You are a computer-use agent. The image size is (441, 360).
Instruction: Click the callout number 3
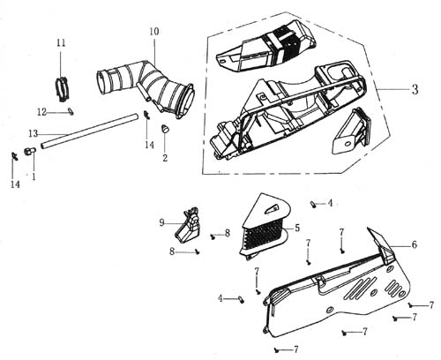click(415, 89)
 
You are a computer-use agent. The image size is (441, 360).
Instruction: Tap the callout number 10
click(154, 32)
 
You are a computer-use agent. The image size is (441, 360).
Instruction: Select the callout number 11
click(61, 43)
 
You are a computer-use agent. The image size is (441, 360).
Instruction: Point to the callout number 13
click(34, 134)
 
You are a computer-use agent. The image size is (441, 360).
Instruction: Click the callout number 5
click(297, 228)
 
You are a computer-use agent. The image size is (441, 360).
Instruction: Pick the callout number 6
click(414, 244)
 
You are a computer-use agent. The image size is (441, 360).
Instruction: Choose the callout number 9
click(161, 222)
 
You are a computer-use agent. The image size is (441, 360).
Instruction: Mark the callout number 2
click(165, 158)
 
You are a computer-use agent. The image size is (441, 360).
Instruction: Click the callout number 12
click(41, 112)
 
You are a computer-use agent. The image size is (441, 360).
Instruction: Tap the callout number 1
click(34, 176)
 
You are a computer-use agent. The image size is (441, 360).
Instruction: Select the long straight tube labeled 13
click(89, 131)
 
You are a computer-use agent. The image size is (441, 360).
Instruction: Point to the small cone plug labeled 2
click(165, 129)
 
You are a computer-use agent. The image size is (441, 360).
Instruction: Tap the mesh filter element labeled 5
click(264, 227)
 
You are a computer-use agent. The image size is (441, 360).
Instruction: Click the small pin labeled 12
click(71, 112)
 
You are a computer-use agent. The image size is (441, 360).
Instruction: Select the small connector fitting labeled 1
click(29, 152)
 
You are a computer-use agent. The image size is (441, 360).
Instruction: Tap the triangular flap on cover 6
click(380, 243)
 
